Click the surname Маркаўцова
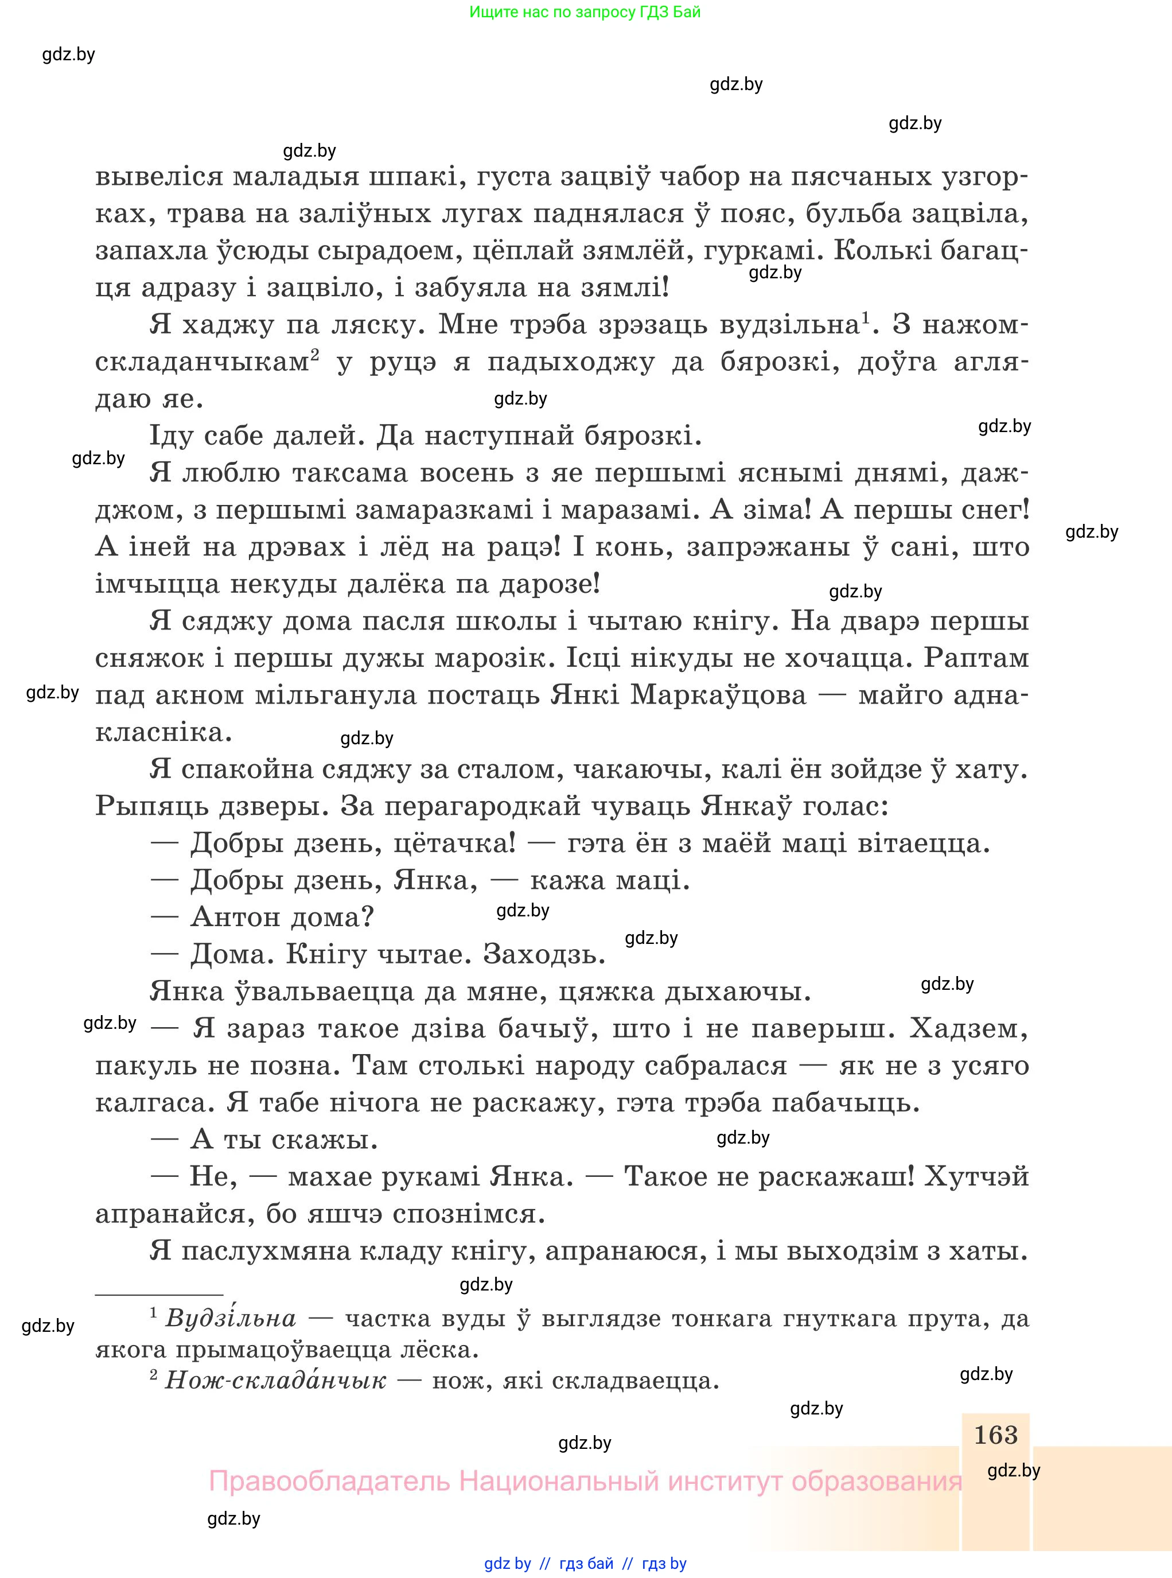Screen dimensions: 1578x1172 click(x=718, y=695)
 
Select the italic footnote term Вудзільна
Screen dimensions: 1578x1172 click(x=231, y=1318)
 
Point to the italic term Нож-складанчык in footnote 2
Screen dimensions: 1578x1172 click(x=275, y=1380)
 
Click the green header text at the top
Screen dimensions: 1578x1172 click(x=585, y=12)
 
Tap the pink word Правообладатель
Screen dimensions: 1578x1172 click(x=329, y=1482)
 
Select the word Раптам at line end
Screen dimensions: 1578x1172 click(x=976, y=658)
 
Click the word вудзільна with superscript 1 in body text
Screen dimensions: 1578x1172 click(x=789, y=325)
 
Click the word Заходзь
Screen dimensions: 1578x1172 click(x=544, y=954)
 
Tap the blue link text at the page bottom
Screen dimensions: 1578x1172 click(x=585, y=1564)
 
